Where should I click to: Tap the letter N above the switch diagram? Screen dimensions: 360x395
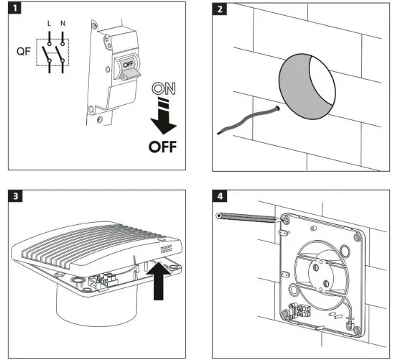pyautogui.click(x=64, y=23)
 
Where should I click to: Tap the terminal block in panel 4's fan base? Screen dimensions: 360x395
pyautogui.click(x=297, y=313)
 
